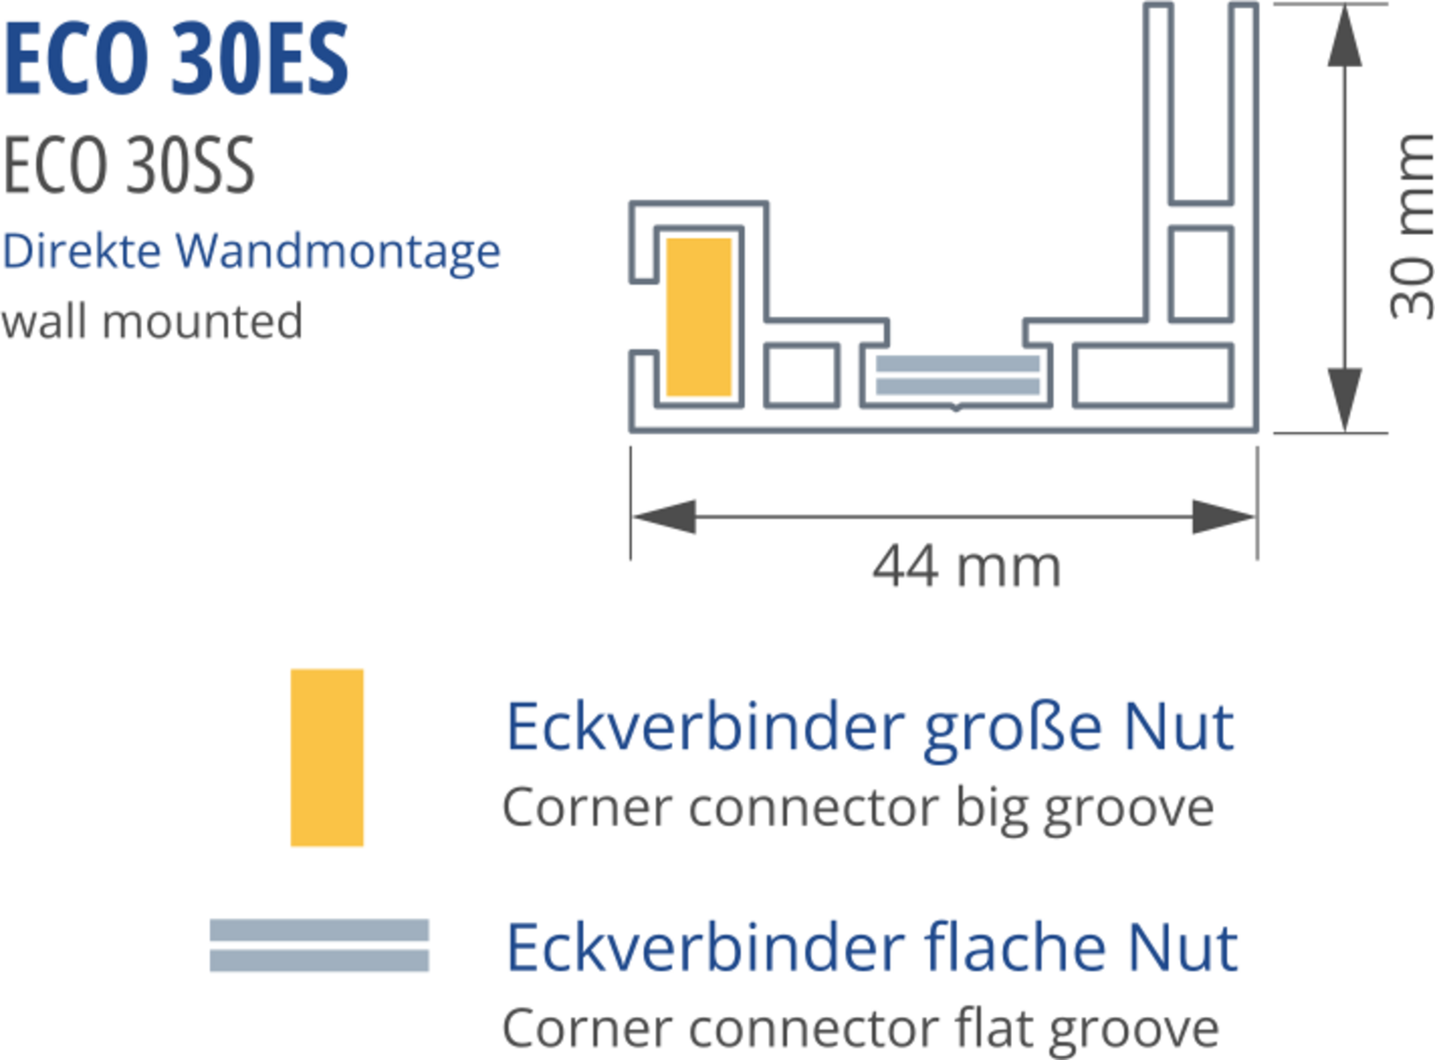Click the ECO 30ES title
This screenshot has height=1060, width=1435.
pos(177,59)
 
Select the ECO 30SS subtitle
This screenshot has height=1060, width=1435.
pos(129,165)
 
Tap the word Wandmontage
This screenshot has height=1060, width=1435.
pos(337,252)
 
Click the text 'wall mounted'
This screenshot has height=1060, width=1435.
pos(152,321)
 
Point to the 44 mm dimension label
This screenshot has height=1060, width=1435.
pos(966,567)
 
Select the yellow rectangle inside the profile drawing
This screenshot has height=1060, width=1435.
pos(699,316)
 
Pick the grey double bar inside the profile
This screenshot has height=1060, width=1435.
pos(957,375)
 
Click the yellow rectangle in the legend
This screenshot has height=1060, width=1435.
pos(327,757)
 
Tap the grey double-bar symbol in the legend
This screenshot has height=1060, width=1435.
pos(319,945)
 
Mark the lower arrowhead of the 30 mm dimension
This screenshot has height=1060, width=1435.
pos(1344,398)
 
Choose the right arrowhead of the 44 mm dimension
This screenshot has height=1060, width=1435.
pos(1223,517)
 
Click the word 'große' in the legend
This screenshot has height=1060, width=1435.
pos(1012,729)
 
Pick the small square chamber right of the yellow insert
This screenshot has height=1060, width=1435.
pos(801,375)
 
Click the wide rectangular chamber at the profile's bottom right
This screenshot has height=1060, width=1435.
pos(1152,375)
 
